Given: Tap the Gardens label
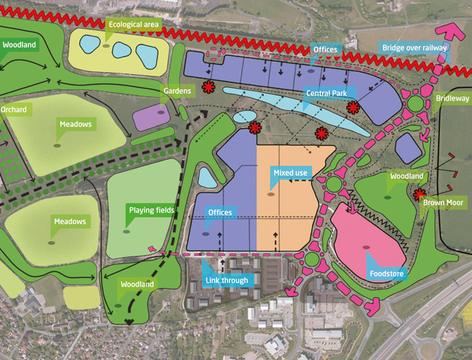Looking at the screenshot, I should tap(177, 91).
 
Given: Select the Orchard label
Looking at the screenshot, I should tap(13, 109).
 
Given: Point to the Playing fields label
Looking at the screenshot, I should tap(151, 210).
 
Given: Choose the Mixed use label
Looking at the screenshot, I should tap(290, 173).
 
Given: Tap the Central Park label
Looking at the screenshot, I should tap(329, 94).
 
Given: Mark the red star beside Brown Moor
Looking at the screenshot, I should tap(419, 193).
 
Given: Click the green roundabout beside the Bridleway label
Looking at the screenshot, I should tap(417, 104).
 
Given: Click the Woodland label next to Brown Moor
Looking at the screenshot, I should tap(407, 176).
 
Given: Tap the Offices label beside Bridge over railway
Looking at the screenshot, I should tap(326, 49).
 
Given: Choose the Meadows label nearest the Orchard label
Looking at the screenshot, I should tap(76, 125).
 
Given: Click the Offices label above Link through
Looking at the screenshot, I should tap(219, 213).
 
